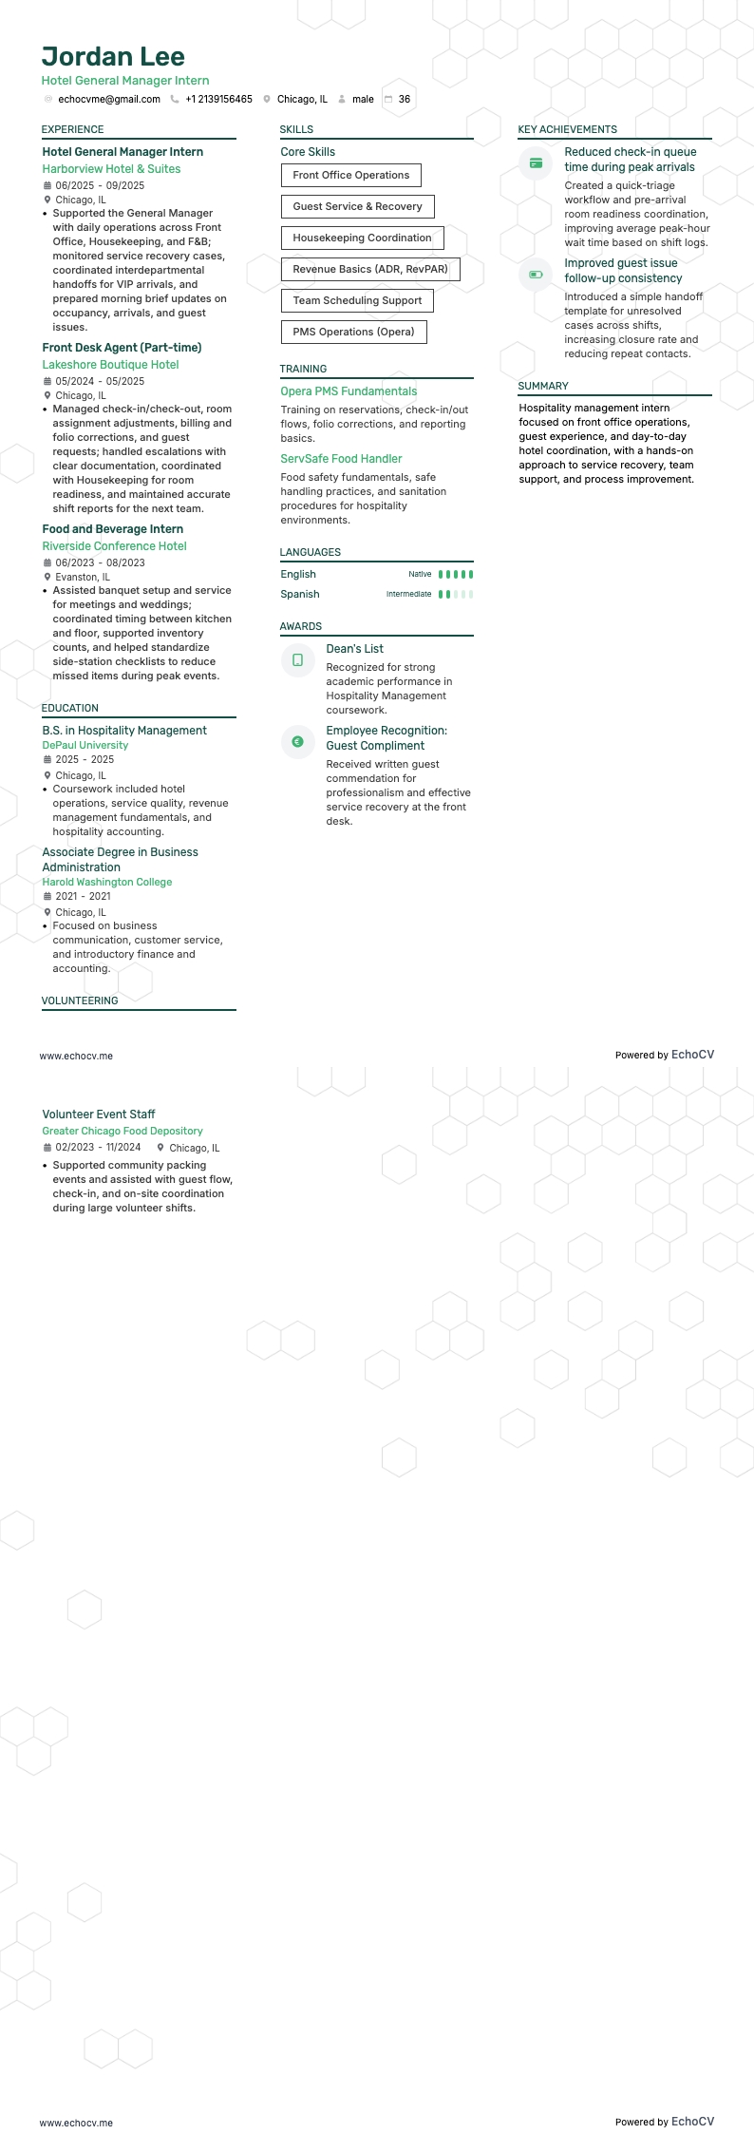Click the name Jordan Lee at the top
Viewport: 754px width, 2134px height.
pyautogui.click(x=113, y=57)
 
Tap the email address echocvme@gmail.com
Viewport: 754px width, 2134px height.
pyautogui.click(x=108, y=100)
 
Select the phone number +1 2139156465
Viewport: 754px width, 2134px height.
pyautogui.click(x=218, y=100)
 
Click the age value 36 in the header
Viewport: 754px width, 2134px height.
pyautogui.click(x=405, y=100)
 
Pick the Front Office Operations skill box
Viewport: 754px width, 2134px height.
pyautogui.click(x=350, y=176)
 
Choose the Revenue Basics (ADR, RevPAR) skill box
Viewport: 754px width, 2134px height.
pyautogui.click(x=369, y=270)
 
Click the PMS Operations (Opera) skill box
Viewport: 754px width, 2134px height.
pyautogui.click(x=353, y=333)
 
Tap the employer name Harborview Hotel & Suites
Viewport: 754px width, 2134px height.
pyautogui.click(x=111, y=169)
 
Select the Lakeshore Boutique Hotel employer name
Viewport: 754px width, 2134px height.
pyautogui.click(x=110, y=365)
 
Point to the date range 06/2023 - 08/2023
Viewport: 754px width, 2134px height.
pyautogui.click(x=100, y=563)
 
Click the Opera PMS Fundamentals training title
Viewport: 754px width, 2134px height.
pyautogui.click(x=349, y=391)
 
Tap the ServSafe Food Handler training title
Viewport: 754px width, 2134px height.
pyautogui.click(x=341, y=459)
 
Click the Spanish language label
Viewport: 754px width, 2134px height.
pyautogui.click(x=300, y=595)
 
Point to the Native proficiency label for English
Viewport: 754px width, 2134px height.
pyautogui.click(x=420, y=575)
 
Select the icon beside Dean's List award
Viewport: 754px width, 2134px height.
pyautogui.click(x=297, y=660)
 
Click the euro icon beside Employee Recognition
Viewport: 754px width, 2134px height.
pyautogui.click(x=297, y=742)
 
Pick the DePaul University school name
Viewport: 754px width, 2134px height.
pyautogui.click(x=85, y=746)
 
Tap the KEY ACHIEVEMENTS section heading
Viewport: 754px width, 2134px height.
pyautogui.click(x=567, y=130)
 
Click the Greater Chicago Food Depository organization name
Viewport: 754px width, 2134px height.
pyautogui.click(x=123, y=1132)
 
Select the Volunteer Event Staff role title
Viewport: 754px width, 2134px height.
pyautogui.click(x=99, y=1115)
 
